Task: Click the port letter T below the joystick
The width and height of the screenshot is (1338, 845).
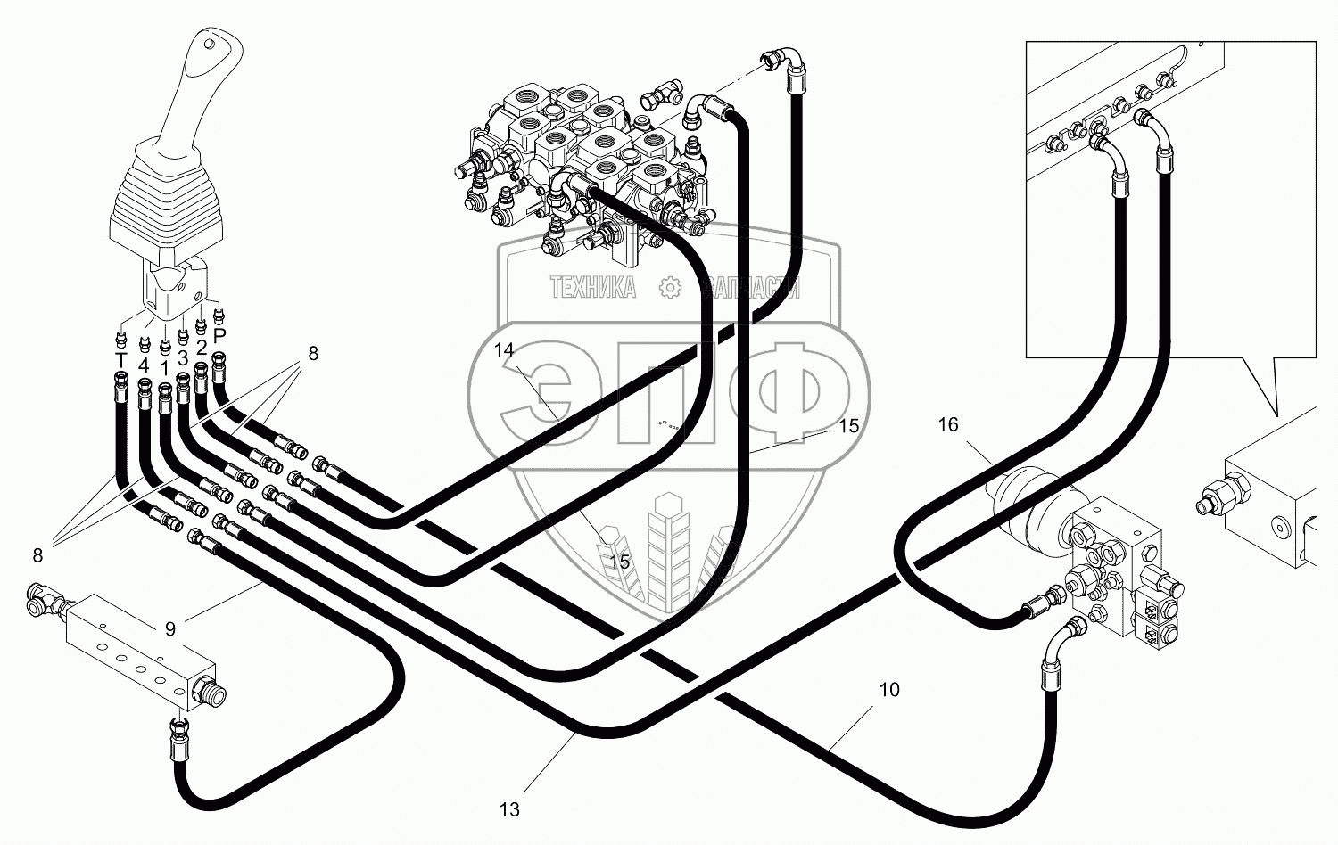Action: tap(120, 359)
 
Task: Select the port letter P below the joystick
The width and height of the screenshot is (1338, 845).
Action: tap(219, 335)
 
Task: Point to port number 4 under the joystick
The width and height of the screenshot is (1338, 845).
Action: tap(144, 365)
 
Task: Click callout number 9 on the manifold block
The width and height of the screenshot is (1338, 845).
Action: tap(169, 628)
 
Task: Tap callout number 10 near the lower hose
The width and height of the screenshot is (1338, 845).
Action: tap(888, 690)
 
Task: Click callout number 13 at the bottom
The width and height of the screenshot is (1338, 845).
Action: tap(508, 809)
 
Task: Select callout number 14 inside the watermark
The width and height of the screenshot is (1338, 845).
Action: tap(505, 350)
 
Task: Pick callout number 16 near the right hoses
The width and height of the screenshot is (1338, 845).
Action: tap(947, 425)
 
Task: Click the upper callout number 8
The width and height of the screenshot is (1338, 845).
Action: tap(313, 353)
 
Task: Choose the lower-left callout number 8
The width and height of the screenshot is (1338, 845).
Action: tap(37, 555)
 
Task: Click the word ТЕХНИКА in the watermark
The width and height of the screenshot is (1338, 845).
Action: tap(592, 287)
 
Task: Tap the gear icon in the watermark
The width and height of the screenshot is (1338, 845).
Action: tap(669, 287)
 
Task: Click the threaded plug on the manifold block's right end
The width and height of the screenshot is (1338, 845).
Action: tap(212, 692)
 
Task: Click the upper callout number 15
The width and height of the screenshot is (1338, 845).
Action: tap(849, 426)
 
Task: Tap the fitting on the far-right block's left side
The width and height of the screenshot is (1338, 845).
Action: tap(1218, 496)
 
